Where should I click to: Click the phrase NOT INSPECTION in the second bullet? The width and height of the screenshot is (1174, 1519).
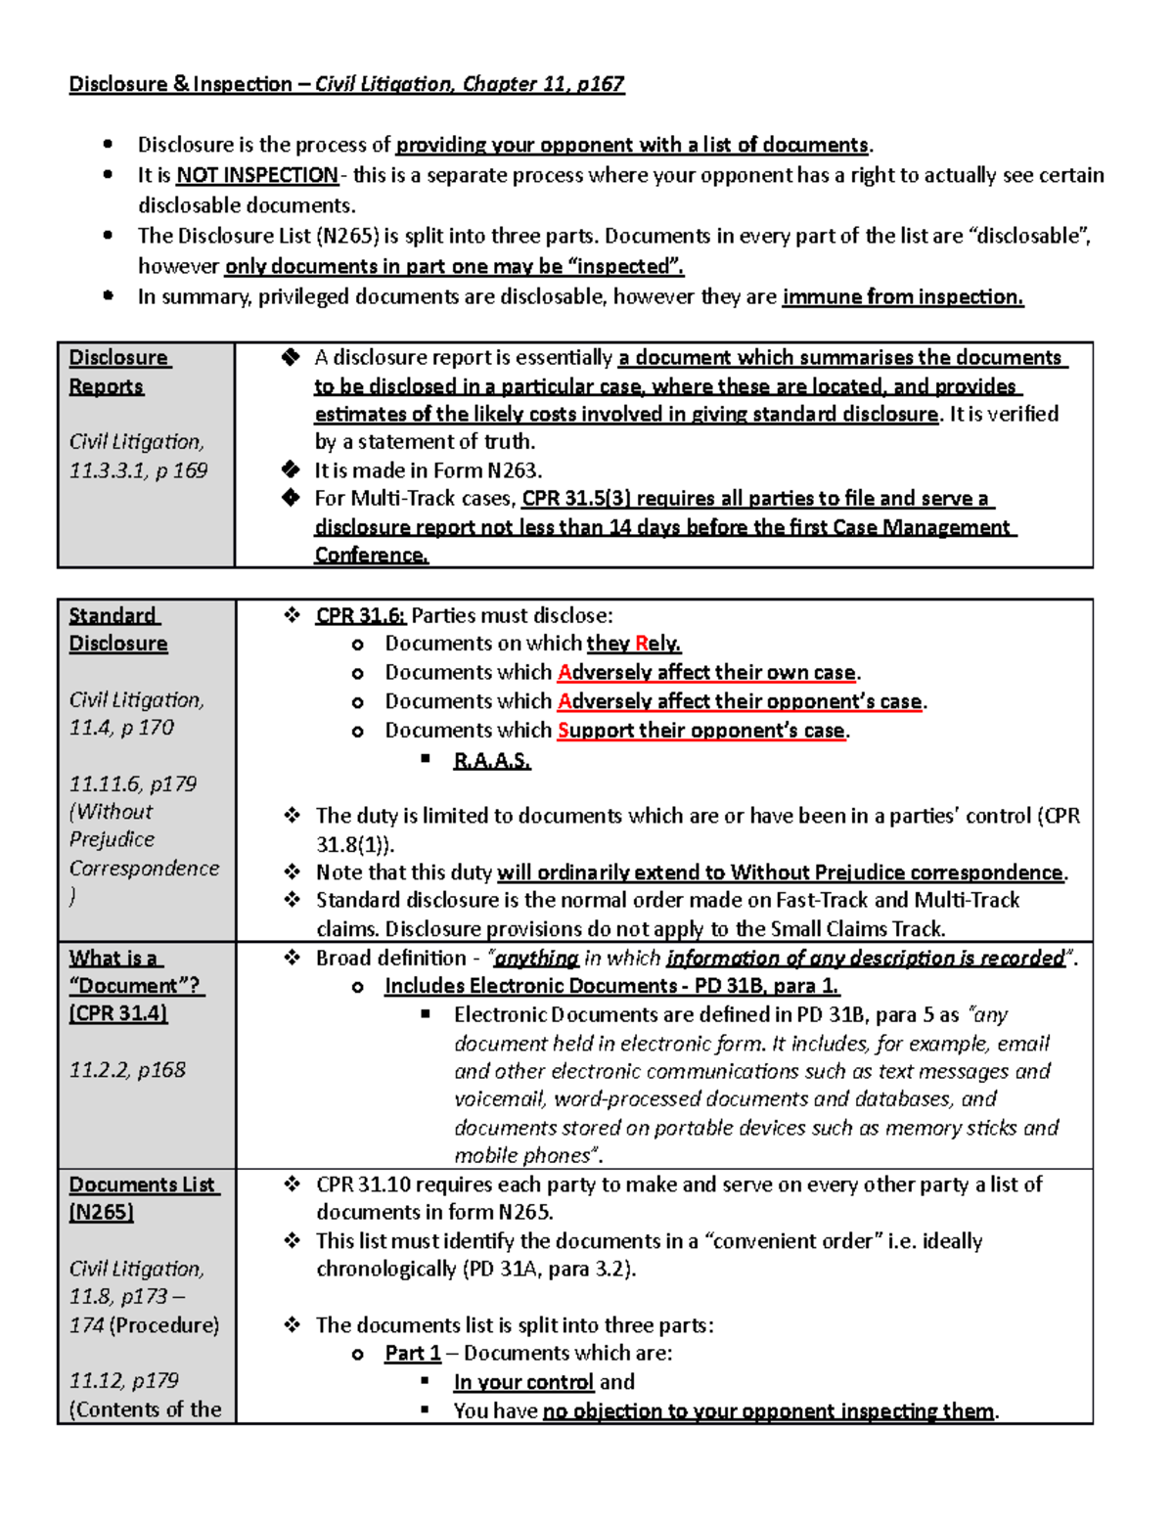pyautogui.click(x=256, y=175)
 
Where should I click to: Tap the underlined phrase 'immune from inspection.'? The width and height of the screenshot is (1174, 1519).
pyautogui.click(x=902, y=296)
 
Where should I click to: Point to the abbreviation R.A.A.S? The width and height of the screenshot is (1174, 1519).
pyautogui.click(x=491, y=760)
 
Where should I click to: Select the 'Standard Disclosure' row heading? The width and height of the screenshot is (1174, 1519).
pyautogui.click(x=116, y=629)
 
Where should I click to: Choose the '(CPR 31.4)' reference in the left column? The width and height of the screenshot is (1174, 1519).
pyautogui.click(x=118, y=1013)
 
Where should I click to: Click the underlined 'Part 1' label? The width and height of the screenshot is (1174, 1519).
pyautogui.click(x=412, y=1353)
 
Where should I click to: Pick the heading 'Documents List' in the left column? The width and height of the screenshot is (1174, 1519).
pyautogui.click(x=142, y=1184)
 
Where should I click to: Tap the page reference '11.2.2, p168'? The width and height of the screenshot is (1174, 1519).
pyautogui.click(x=127, y=1070)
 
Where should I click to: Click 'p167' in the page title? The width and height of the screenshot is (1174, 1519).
pyautogui.click(x=600, y=84)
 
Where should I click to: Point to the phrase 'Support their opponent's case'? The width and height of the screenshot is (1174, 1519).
pyautogui.click(x=700, y=731)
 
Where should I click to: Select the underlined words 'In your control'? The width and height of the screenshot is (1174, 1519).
pyautogui.click(x=523, y=1382)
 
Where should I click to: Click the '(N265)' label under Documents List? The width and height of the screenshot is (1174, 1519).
pyautogui.click(x=101, y=1212)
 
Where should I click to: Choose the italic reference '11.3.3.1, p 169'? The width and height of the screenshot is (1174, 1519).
pyautogui.click(x=138, y=470)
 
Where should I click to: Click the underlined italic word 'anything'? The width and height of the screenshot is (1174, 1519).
pyautogui.click(x=536, y=958)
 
